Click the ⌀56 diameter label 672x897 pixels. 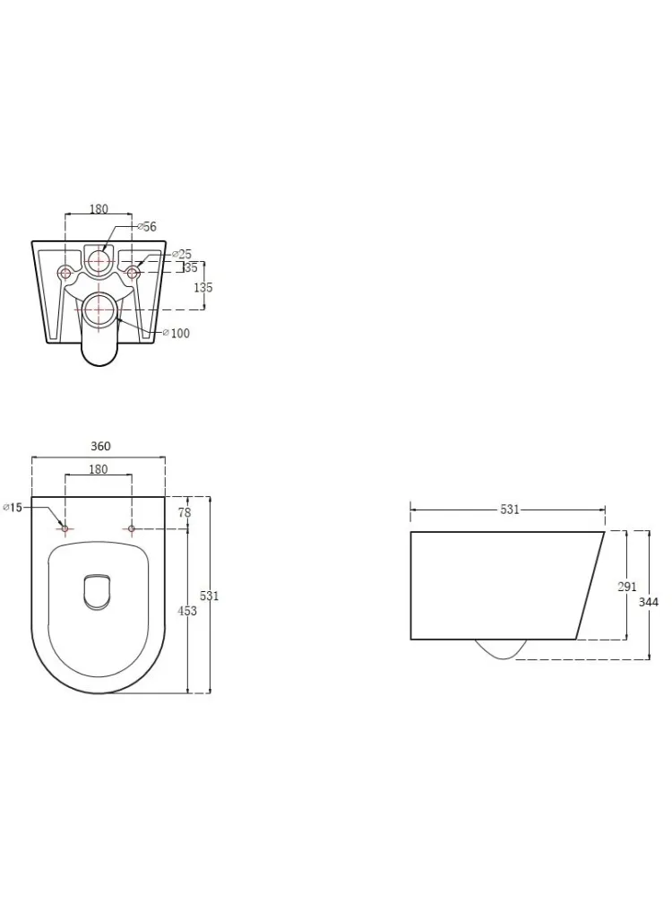point(147,227)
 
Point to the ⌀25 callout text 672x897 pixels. point(182,254)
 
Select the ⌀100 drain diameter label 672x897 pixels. point(177,333)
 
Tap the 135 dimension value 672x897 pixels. point(202,287)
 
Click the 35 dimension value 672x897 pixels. point(191,267)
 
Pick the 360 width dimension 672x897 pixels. point(100,446)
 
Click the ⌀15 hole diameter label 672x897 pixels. point(13,507)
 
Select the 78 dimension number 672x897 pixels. point(185,512)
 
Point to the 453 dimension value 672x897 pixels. point(187,611)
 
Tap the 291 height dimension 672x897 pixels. point(627,587)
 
